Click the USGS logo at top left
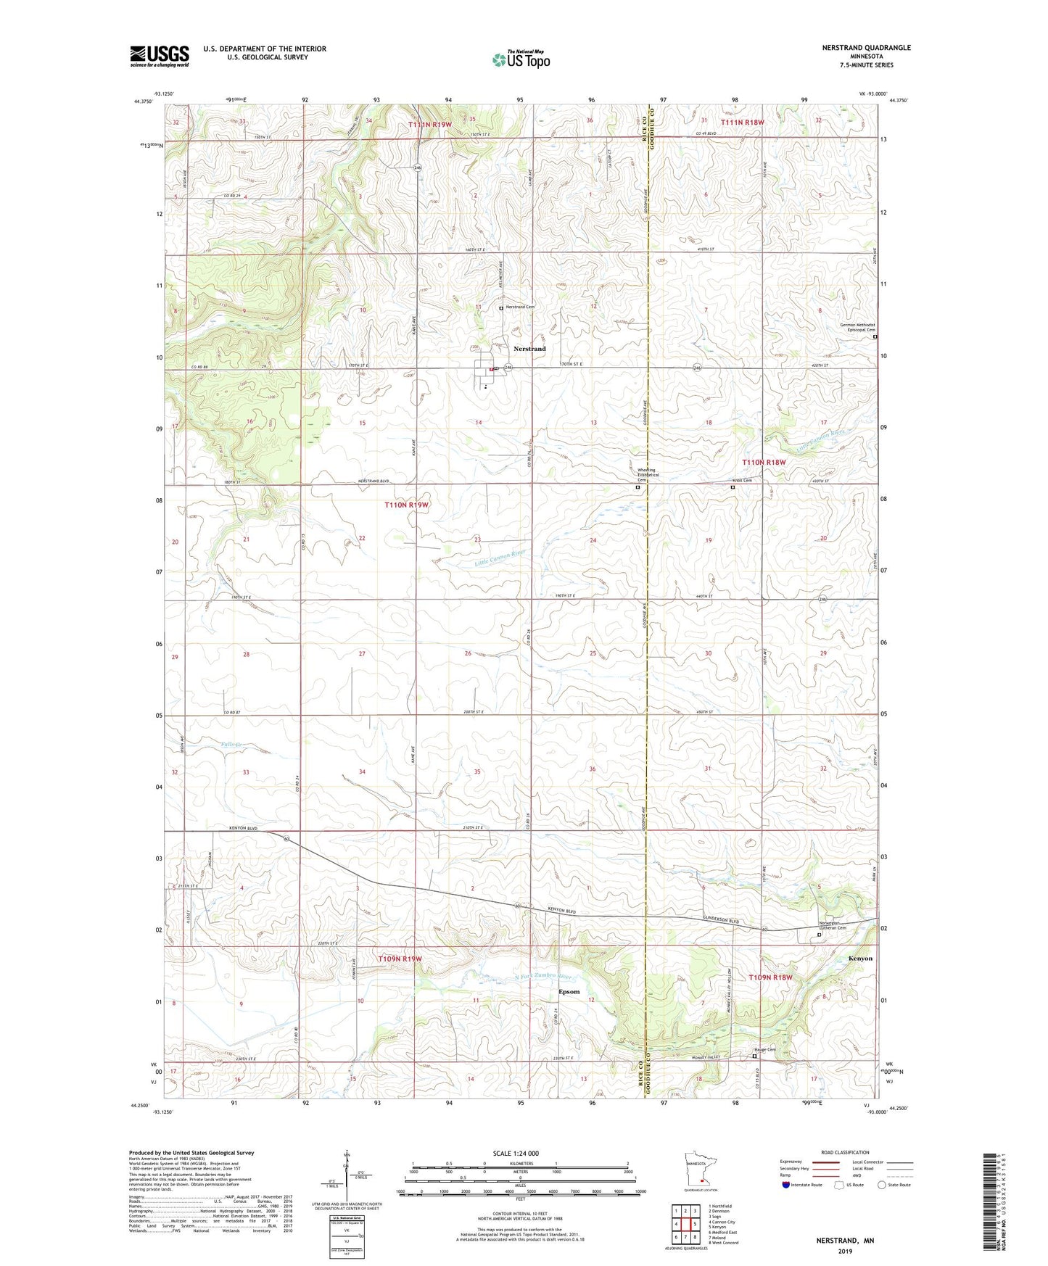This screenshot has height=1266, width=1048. coord(159,56)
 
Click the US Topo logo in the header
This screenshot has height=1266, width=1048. coord(521,59)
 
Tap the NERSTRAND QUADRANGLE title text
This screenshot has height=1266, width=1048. coord(866,48)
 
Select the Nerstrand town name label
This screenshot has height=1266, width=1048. coord(529,349)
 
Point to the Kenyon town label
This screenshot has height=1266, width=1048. coord(860,958)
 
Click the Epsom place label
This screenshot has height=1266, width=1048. coord(569,991)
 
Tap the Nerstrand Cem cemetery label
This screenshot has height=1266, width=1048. coord(520,307)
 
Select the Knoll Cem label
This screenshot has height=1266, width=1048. coord(742,480)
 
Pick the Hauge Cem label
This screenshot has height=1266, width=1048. coord(767,1049)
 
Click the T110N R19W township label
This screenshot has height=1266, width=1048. coord(406,505)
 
